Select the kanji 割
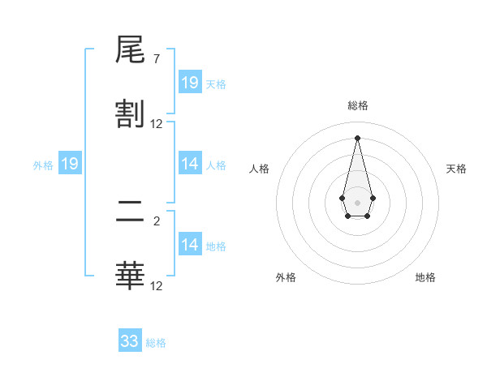click(x=130, y=113)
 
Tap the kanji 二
click(x=130, y=214)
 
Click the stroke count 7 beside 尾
click(x=157, y=59)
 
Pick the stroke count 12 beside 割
click(x=157, y=124)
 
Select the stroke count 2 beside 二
click(x=157, y=220)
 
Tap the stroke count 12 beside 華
click(x=157, y=285)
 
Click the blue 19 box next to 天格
click(x=190, y=83)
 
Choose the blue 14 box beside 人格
click(x=190, y=164)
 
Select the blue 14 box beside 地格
click(x=190, y=245)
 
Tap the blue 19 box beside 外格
click(x=70, y=164)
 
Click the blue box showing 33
click(x=130, y=341)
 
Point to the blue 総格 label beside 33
click(x=157, y=343)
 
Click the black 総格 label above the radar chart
click(x=357, y=105)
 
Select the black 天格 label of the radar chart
click(x=457, y=169)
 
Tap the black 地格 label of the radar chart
click(x=425, y=277)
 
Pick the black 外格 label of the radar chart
click(x=286, y=277)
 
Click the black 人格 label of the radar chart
click(x=259, y=169)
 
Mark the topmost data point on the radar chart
click(x=357, y=138)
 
